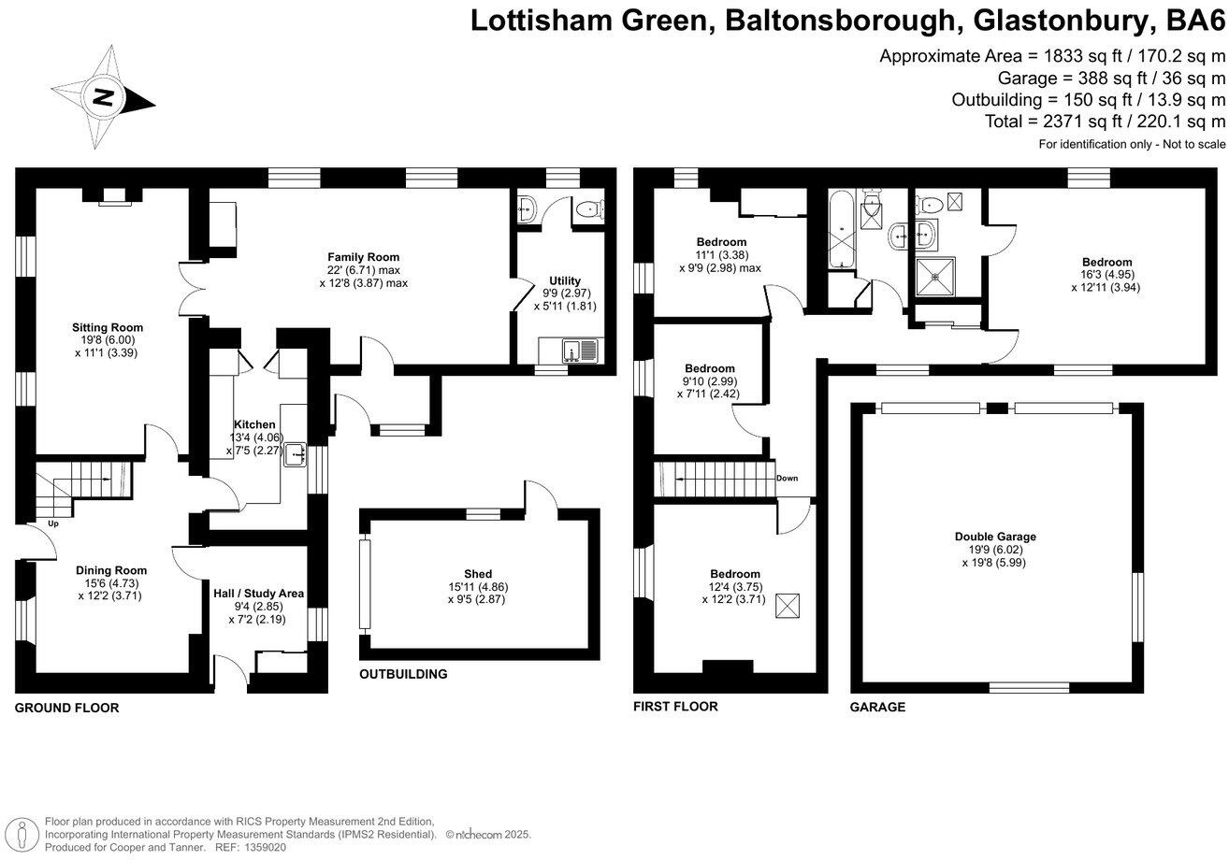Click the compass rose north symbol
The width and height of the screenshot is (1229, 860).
[78, 97]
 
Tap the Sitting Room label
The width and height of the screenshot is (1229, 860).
[108, 327]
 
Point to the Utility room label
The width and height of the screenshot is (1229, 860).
[565, 280]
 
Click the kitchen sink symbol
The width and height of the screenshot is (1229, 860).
[297, 453]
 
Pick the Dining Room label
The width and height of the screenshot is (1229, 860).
[111, 570]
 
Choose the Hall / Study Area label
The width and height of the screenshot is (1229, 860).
[258, 593]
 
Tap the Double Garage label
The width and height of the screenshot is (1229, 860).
[995, 537]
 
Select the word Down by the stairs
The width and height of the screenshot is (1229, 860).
[787, 479]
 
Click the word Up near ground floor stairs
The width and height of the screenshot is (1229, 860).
[53, 523]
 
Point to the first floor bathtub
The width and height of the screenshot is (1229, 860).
[841, 228]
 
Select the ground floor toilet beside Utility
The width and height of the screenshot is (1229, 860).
[587, 209]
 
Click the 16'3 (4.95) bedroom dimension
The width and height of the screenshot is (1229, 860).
[1106, 275]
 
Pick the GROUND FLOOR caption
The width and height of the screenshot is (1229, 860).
[66, 708]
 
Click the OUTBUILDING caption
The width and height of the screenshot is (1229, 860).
[403, 674]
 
